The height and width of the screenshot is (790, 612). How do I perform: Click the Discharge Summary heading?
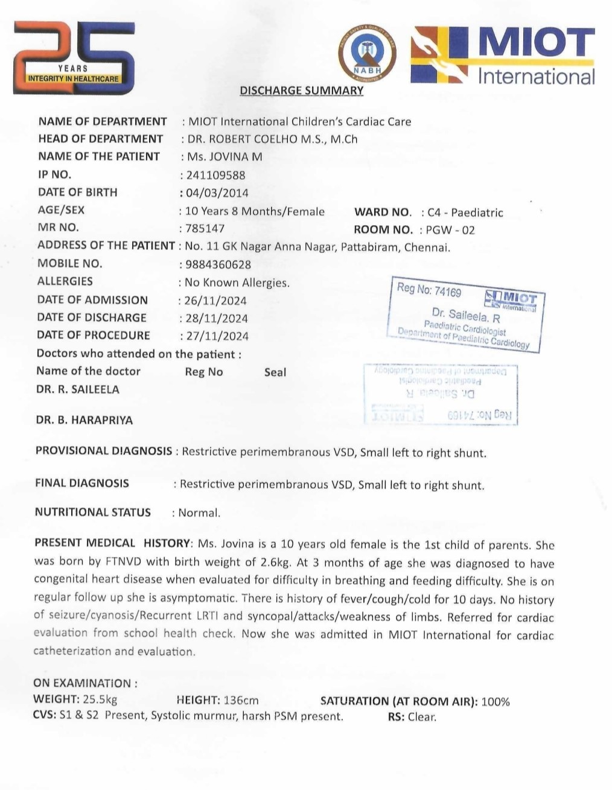pyautogui.click(x=301, y=91)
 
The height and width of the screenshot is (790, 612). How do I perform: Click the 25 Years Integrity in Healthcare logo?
pyautogui.click(x=74, y=58)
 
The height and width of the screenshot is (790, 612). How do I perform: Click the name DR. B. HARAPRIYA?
pyautogui.click(x=84, y=420)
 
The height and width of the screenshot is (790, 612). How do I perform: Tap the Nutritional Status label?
pyautogui.click(x=93, y=512)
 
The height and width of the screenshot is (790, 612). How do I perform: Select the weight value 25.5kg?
pyautogui.click(x=100, y=700)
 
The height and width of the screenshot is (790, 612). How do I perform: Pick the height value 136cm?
pyautogui.click(x=241, y=701)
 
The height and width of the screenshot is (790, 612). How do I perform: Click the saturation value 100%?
pyautogui.click(x=496, y=701)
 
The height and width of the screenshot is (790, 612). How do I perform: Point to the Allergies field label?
pyautogui.click(x=65, y=281)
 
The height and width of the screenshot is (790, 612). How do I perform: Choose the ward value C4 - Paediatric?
pyautogui.click(x=465, y=212)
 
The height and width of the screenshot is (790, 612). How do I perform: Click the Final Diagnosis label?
pyautogui.click(x=82, y=483)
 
